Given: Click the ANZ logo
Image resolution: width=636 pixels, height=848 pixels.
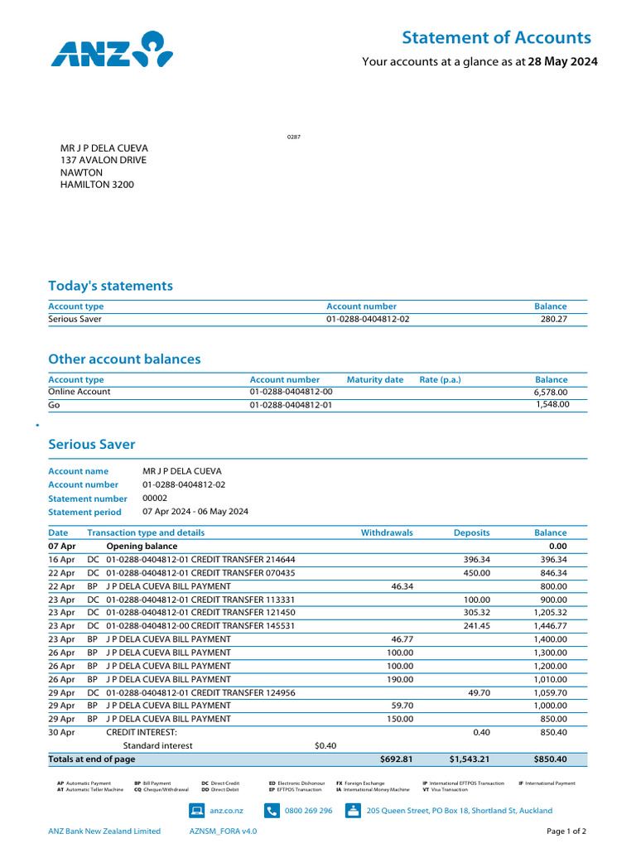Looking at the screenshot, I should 112,49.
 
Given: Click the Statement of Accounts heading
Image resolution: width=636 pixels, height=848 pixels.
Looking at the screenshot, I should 496,37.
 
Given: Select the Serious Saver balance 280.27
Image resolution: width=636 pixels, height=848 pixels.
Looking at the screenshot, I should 551,319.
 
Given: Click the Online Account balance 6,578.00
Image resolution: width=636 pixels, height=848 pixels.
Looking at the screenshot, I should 551,392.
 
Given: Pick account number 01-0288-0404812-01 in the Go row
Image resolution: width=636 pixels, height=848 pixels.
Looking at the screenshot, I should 291,405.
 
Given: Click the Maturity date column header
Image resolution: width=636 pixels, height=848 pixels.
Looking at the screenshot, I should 374,379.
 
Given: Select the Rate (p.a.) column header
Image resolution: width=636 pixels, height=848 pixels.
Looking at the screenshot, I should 440,379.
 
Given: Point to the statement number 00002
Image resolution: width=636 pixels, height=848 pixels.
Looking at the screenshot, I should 155,499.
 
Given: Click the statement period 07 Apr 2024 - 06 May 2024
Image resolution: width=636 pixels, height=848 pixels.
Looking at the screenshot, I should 195,512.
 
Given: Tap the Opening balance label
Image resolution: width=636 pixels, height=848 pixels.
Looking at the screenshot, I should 142,547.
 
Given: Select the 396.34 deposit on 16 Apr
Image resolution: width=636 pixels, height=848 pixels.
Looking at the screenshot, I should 476,560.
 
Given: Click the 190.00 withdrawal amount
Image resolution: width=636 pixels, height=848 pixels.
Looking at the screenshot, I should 399,679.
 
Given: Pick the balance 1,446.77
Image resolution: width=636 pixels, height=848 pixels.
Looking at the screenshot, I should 549,626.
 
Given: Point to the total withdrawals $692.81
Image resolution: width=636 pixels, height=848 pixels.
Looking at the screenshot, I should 396,759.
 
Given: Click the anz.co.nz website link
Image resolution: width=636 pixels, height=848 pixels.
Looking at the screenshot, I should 226,811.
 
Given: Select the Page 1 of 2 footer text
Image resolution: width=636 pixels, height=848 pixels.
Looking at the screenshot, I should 566,831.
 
